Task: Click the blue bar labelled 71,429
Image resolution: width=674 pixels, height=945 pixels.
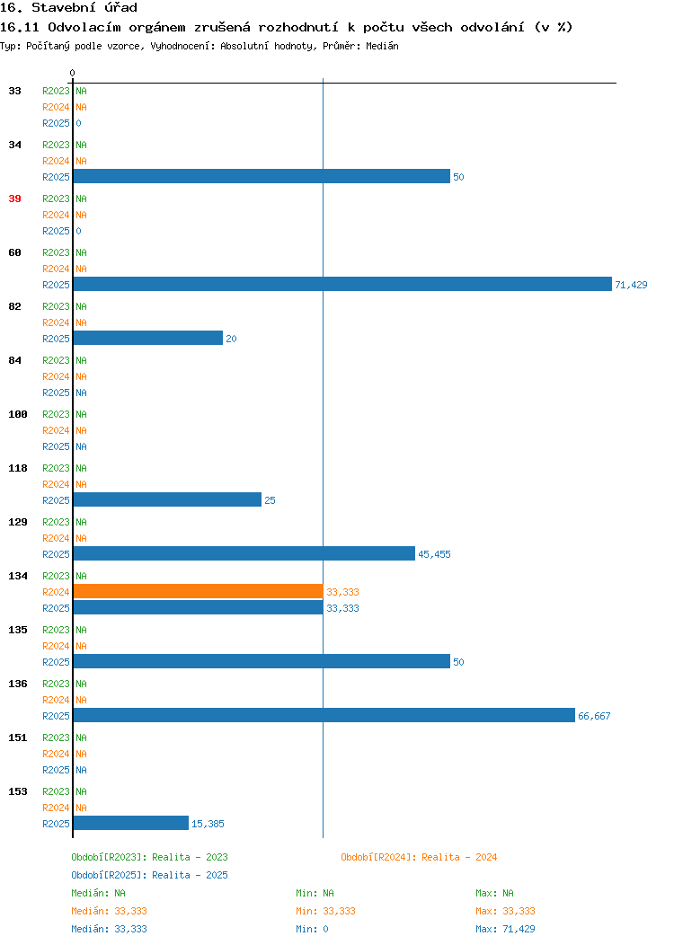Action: coord(342,284)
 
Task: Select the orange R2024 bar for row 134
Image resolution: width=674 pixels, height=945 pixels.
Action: coord(199,591)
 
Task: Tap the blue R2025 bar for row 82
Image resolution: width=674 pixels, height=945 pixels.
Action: coord(148,338)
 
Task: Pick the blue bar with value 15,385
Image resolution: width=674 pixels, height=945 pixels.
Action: coord(131,823)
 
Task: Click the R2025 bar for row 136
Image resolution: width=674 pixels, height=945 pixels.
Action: coord(324,715)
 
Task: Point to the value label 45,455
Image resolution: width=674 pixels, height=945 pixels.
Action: coord(434,554)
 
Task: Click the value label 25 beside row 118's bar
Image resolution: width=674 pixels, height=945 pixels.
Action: coord(270,500)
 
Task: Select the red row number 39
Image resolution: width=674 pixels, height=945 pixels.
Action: coord(15,199)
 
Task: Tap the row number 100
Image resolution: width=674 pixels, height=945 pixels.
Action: coord(18,414)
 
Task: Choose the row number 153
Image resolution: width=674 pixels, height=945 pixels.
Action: coord(18,791)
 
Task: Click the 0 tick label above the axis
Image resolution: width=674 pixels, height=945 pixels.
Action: coord(73,73)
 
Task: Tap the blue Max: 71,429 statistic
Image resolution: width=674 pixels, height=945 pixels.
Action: coord(505,929)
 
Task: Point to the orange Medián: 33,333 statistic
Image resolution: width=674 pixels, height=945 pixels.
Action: coord(109,911)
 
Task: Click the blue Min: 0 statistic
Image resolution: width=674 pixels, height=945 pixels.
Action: coord(312,929)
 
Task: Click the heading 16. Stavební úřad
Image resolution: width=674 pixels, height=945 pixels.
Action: coord(68,8)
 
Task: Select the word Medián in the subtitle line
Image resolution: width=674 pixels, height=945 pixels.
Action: coord(382,46)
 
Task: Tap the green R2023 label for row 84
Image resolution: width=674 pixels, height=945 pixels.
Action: coord(56,360)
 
